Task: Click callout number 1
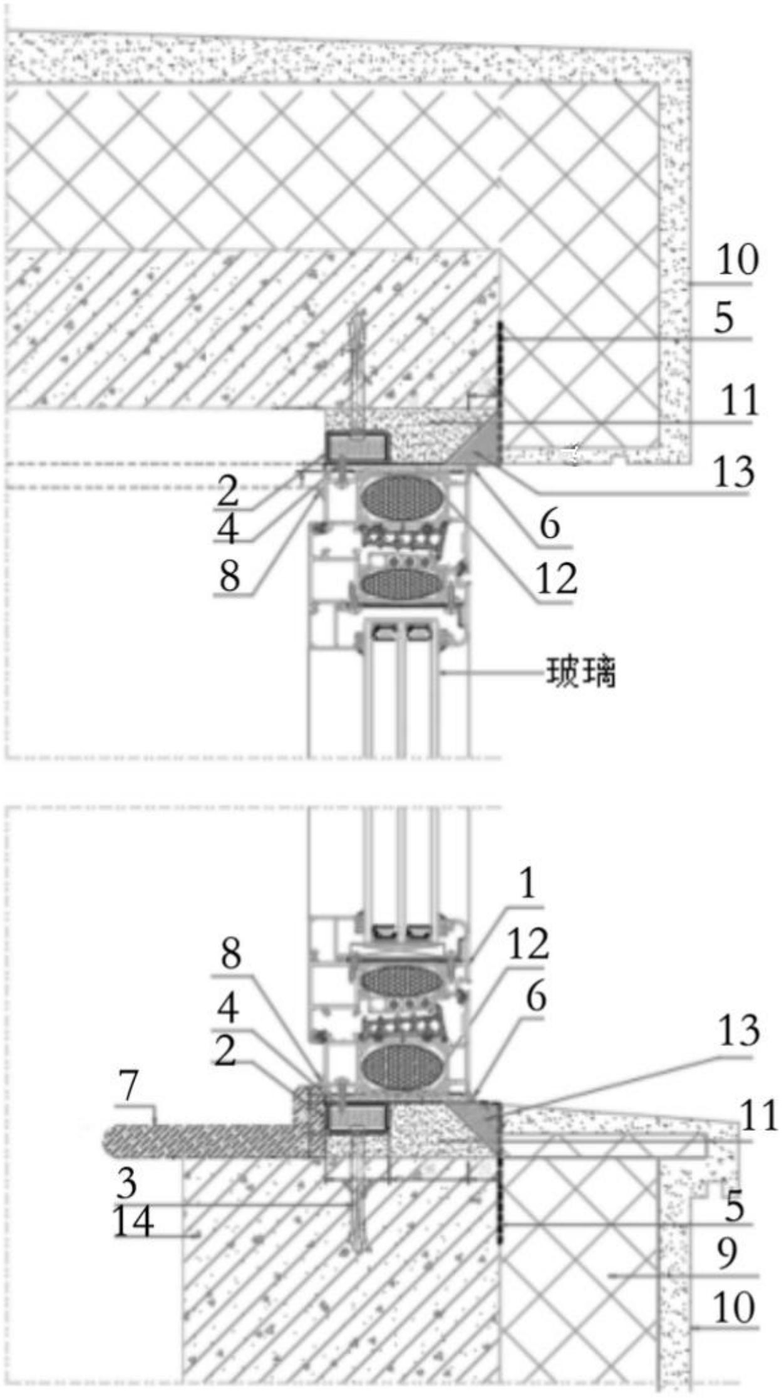click(x=527, y=884)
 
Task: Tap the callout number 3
click(x=126, y=1182)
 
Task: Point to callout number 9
click(x=726, y=1253)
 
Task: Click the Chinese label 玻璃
click(x=581, y=672)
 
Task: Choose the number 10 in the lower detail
click(x=733, y=1307)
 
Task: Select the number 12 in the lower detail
click(x=528, y=943)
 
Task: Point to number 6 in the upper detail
click(x=550, y=524)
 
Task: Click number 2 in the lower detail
click(x=225, y=1051)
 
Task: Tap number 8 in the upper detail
click(x=229, y=575)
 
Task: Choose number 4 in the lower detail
click(x=227, y=1008)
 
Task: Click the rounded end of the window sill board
click(x=113, y=1140)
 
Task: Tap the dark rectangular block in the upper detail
click(x=356, y=446)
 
